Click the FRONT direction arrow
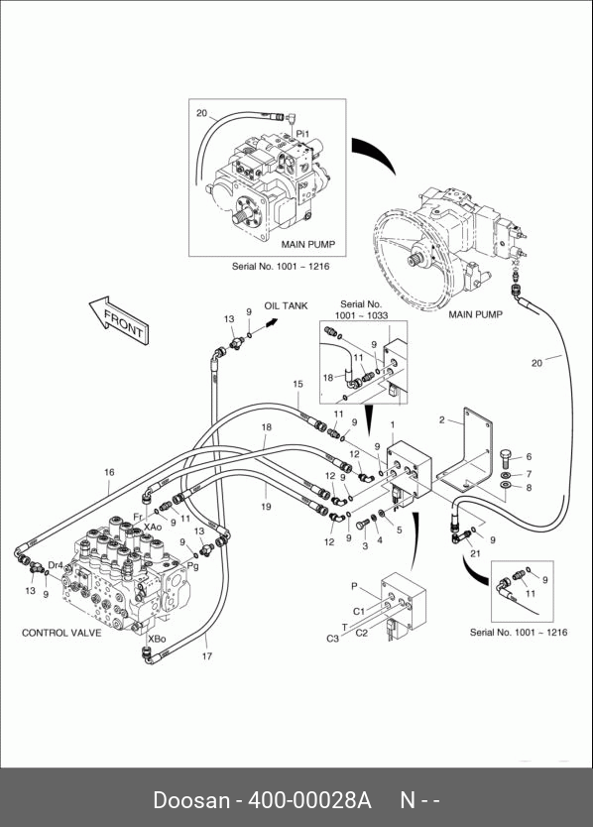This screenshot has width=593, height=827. [x=120, y=321]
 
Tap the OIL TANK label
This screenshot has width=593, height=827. [x=286, y=305]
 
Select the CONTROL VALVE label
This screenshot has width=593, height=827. [x=61, y=633]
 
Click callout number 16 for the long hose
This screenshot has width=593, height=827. [x=109, y=472]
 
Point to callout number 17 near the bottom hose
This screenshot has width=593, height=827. [x=207, y=656]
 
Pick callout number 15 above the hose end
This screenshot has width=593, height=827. [x=298, y=384]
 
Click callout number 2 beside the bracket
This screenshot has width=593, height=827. [x=442, y=420]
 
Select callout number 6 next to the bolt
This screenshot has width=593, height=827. [x=529, y=457]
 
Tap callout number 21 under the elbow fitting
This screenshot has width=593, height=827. [x=475, y=553]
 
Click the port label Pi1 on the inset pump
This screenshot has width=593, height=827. [x=302, y=134]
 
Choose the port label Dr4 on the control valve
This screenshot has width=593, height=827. [x=56, y=565]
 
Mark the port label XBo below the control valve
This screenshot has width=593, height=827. [x=157, y=639]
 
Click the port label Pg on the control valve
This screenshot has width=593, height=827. [x=193, y=567]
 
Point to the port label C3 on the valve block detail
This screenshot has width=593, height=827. [x=332, y=639]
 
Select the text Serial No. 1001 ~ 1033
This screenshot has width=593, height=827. [x=361, y=309]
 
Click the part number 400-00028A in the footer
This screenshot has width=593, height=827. [x=309, y=800]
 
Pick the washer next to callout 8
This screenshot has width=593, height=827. [x=506, y=485]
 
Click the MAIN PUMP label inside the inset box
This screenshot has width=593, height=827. [x=308, y=245]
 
